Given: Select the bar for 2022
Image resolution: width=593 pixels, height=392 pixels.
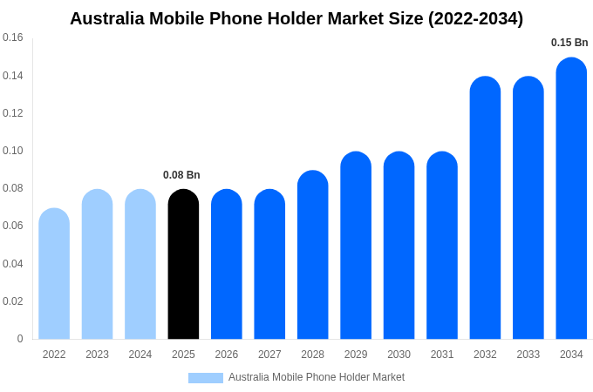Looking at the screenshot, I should [54, 274].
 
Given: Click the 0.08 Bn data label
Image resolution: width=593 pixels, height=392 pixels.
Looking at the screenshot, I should [181, 175].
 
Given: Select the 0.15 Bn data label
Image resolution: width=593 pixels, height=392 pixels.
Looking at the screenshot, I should [569, 43].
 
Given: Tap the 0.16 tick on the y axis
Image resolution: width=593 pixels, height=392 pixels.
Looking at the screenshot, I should [13, 37].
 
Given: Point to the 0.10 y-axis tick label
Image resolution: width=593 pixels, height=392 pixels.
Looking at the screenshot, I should [13, 151].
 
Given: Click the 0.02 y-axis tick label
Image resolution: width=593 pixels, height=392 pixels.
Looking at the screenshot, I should [13, 301].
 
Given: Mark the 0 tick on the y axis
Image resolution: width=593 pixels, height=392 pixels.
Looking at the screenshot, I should [20, 339].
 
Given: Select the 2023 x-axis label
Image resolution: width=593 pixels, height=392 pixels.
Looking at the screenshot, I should [97, 355].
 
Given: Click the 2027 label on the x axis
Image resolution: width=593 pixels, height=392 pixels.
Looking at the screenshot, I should [269, 355].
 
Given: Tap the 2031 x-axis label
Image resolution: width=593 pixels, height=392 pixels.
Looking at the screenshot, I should [442, 355].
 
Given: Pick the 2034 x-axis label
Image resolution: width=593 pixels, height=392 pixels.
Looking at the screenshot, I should [571, 355].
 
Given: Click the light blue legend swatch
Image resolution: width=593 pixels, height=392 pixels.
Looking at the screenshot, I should [206, 378].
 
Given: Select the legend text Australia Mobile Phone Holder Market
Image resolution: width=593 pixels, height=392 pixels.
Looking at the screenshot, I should [317, 377].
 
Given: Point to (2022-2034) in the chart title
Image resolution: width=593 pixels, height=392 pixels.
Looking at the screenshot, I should [475, 18].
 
